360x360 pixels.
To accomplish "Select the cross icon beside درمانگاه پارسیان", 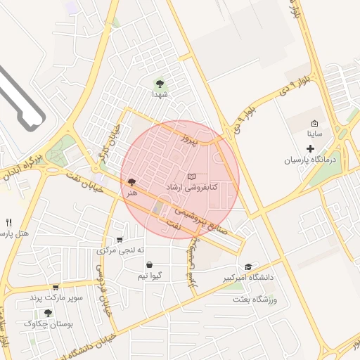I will tap(311, 148).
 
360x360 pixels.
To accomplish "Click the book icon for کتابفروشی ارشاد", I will tap(192, 175).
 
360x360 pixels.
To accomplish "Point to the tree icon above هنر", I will tap(131, 182).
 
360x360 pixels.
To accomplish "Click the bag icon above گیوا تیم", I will tap(149, 265).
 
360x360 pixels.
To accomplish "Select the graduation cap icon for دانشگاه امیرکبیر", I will tap(247, 267).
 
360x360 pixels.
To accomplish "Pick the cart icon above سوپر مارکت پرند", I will tap(56, 287).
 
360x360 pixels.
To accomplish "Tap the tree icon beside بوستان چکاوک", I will tap(48, 313).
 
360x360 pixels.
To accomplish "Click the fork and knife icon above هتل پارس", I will tap(8, 222).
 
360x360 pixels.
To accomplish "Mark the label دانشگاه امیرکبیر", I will tap(247, 278).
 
